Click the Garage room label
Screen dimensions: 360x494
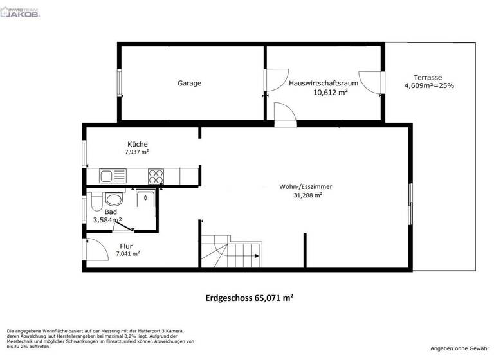tap(190, 84)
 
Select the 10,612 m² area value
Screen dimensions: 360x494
tap(331, 93)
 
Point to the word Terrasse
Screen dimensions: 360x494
tap(427, 76)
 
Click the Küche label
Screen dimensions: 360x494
tap(138, 144)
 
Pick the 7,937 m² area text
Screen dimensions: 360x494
tap(137, 153)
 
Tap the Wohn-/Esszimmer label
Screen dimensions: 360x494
tap(306, 186)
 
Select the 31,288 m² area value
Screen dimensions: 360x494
tap(307, 195)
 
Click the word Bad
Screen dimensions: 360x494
tap(111, 211)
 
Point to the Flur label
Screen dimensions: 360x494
tap(126, 245)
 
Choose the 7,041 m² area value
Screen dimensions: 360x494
tap(128, 254)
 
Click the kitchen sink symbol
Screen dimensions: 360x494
tap(107, 175)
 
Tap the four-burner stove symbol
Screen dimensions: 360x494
tap(156, 175)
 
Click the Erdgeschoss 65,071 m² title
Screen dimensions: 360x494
tap(250, 298)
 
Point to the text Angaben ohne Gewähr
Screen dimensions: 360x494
tap(460, 348)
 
